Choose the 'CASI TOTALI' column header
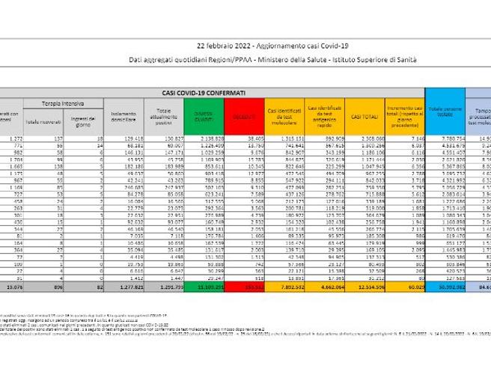(367, 116)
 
